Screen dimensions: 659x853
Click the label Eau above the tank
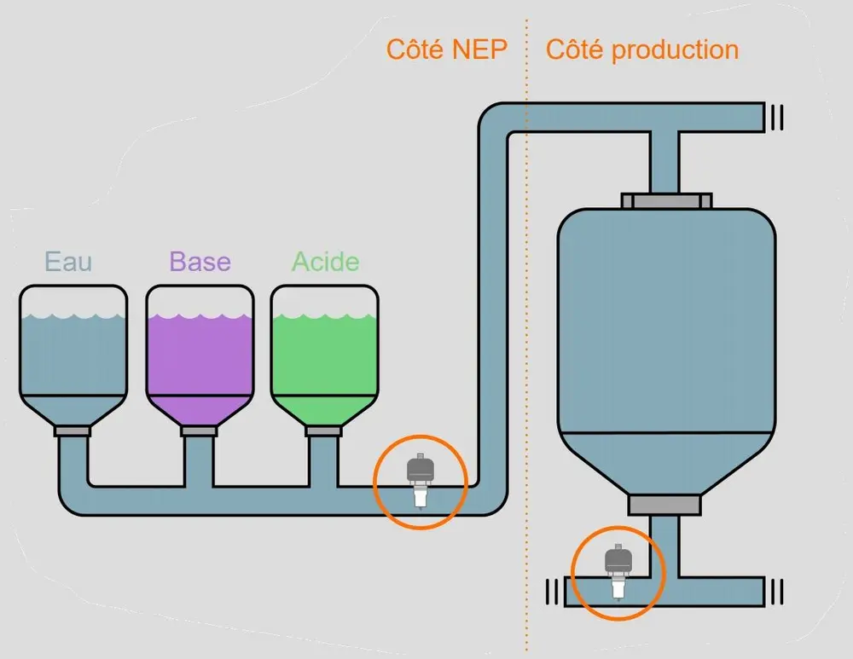68,261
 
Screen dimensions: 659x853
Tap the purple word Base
200,261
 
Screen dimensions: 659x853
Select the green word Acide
325,261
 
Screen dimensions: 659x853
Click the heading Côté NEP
446,49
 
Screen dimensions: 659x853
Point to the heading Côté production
641,49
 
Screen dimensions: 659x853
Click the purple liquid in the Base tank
200,358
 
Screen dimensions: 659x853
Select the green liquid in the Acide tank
325,358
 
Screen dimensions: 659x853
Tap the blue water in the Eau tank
73,358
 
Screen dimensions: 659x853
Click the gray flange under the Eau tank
73,431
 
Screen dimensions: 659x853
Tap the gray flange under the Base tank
200,431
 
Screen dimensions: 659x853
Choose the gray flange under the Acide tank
324,431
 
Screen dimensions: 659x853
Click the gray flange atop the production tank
666,201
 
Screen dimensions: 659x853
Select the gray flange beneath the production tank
664,505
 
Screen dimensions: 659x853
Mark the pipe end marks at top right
775,117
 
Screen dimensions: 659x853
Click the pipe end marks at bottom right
775,590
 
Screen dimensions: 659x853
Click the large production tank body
666,341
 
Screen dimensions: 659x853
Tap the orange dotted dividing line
526,341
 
